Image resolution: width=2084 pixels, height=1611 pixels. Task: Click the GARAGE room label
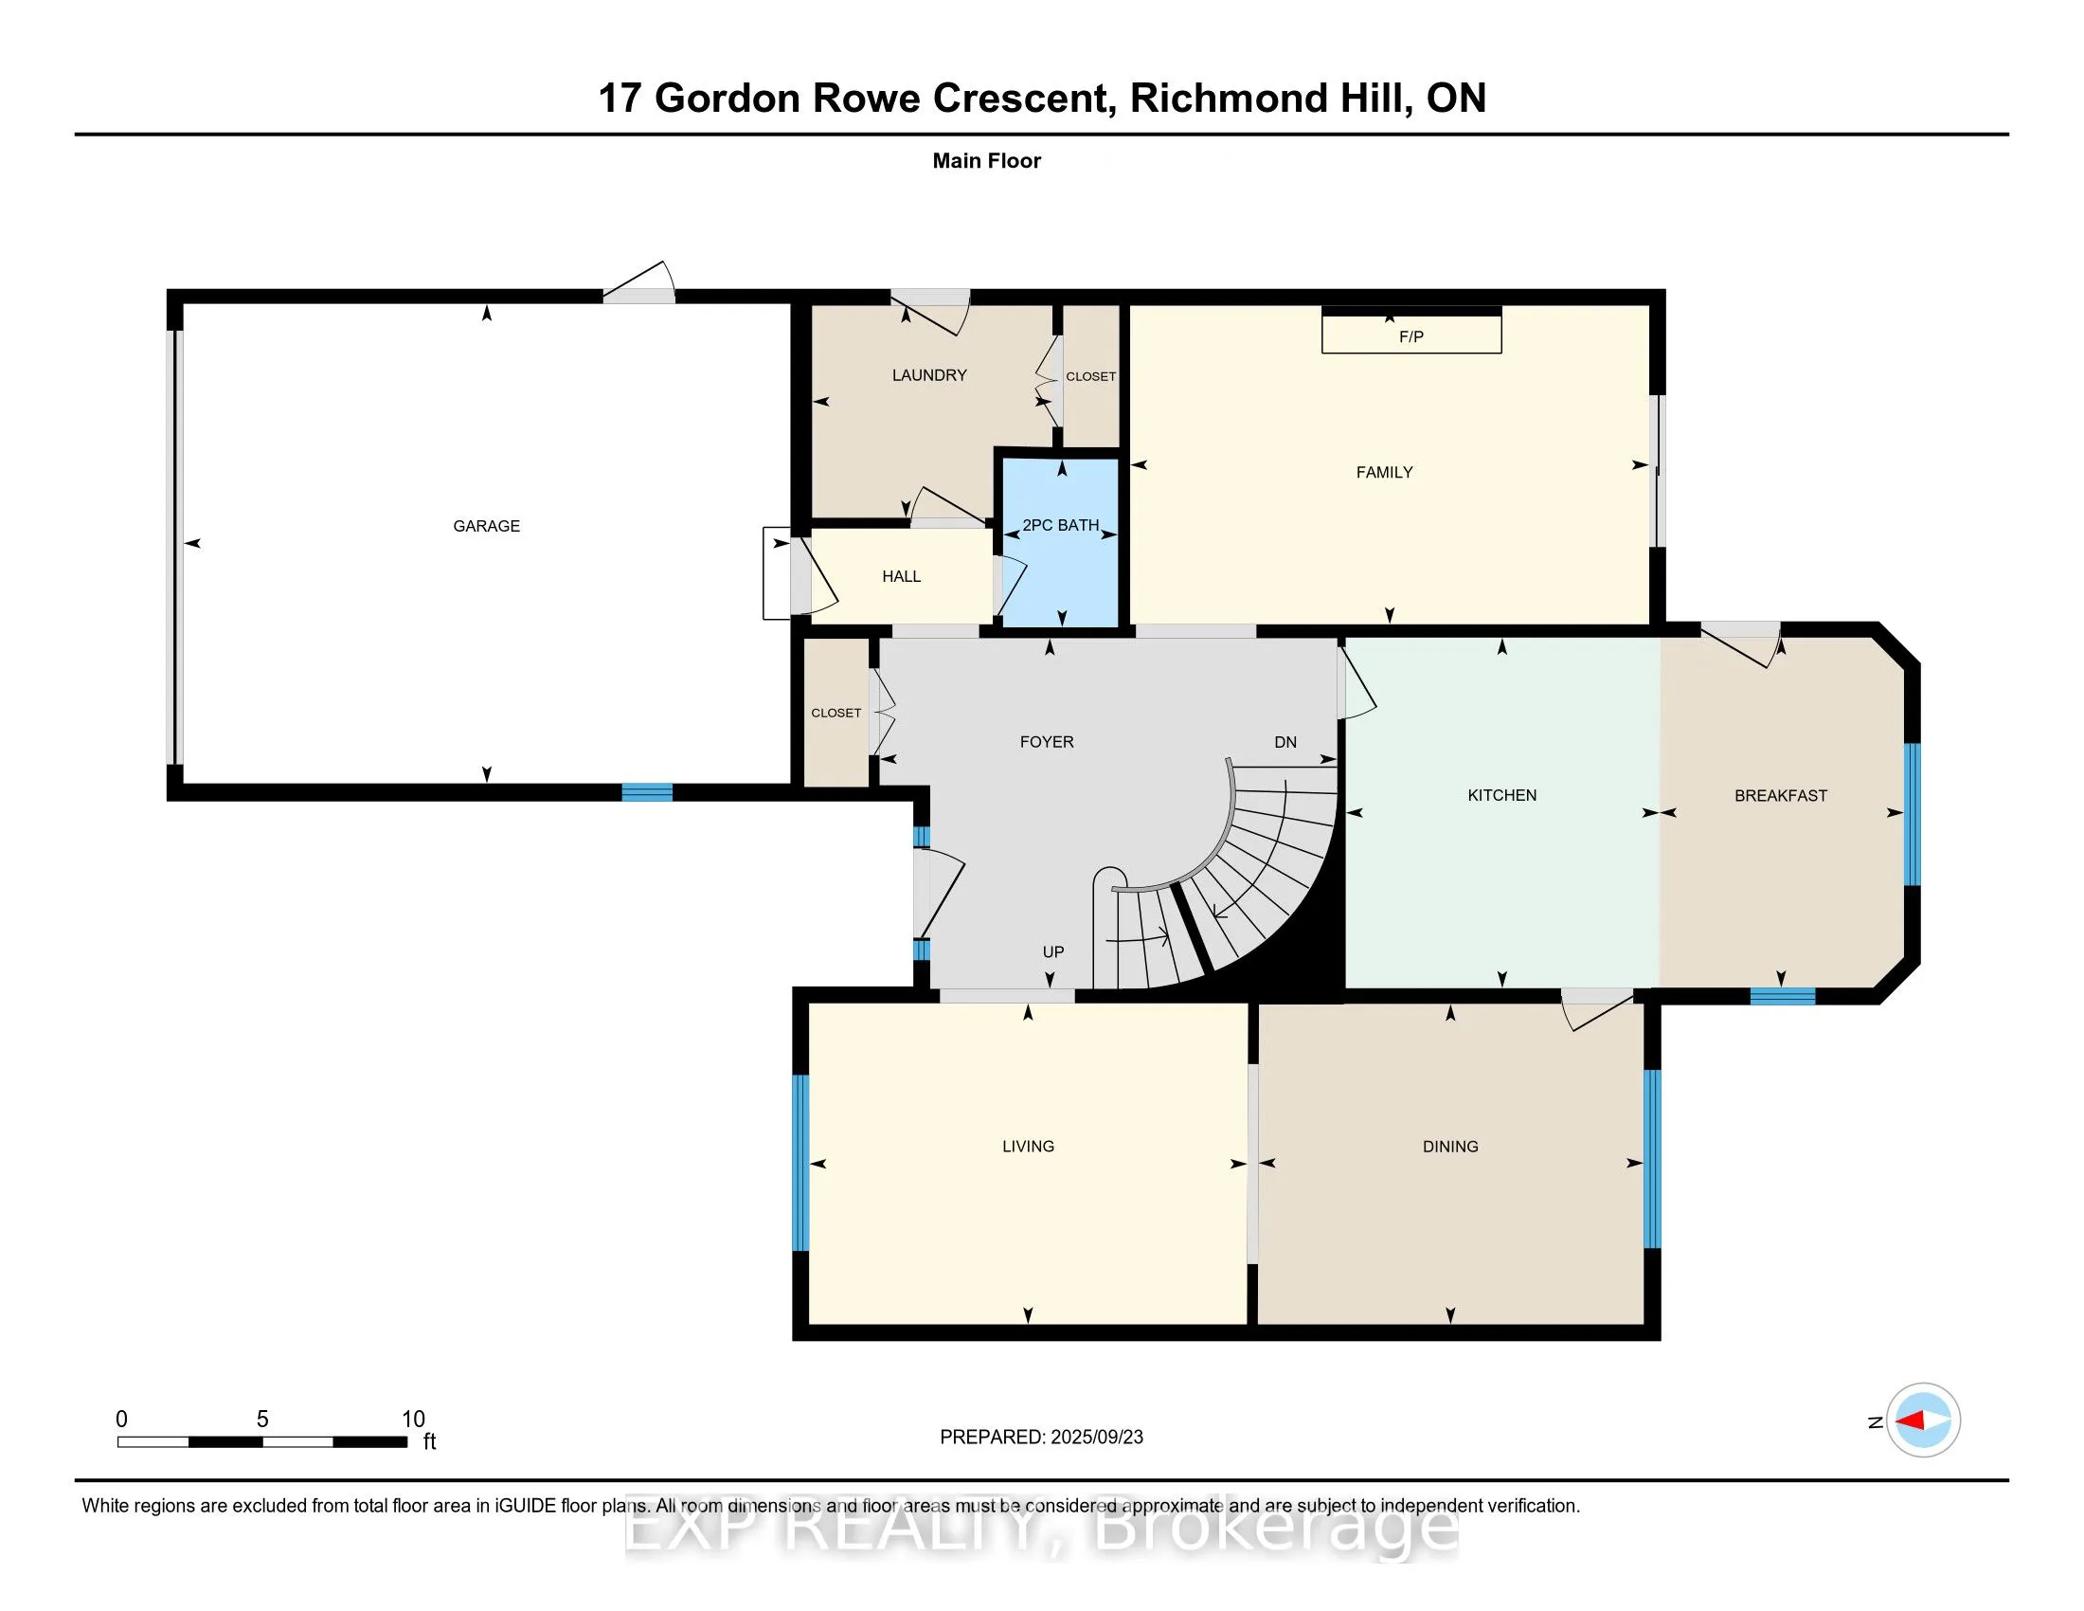(487, 526)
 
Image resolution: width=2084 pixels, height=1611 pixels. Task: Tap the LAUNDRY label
(929, 375)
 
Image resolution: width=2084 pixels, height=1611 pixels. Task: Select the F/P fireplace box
(1411, 330)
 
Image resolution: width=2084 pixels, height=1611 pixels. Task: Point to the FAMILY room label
(1385, 473)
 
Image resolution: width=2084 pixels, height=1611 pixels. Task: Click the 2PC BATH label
(1061, 525)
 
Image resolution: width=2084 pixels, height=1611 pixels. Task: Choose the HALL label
(902, 576)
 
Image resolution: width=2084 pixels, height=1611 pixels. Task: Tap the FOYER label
(1047, 742)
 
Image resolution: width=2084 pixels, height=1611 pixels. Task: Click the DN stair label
(1285, 742)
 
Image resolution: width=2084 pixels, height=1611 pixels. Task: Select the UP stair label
(1053, 951)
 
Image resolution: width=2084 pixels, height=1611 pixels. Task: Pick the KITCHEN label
(1502, 795)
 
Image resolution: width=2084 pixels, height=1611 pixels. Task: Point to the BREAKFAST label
(1781, 795)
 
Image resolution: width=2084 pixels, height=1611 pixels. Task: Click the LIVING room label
(1028, 1147)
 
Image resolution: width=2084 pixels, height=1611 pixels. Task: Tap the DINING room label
(1450, 1147)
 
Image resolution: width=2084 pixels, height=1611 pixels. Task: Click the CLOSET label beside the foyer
(835, 713)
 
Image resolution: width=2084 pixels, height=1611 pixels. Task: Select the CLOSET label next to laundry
(1090, 376)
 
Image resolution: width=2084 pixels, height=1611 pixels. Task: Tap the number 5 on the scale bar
(262, 1420)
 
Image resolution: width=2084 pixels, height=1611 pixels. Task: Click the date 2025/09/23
(1096, 1438)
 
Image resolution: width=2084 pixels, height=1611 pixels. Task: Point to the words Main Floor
(987, 160)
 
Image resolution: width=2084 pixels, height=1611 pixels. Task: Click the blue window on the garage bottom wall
(647, 792)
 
